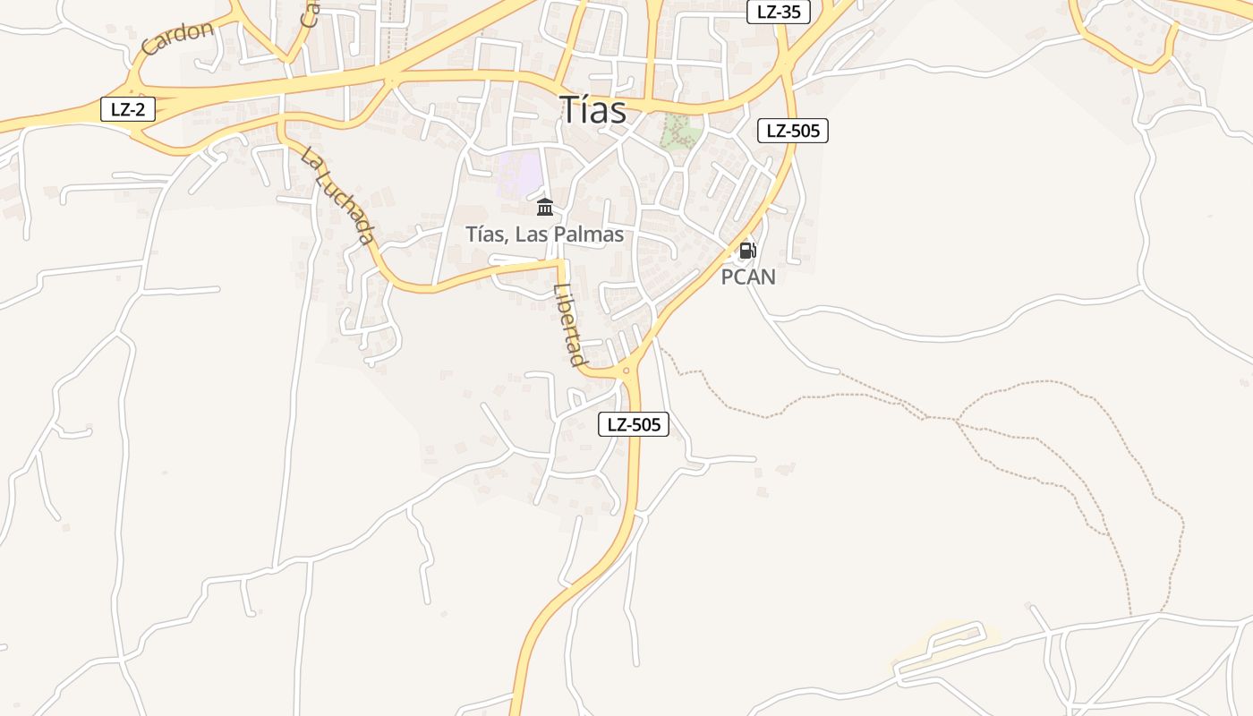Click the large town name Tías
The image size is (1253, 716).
click(593, 109)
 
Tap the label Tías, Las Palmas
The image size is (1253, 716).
click(544, 234)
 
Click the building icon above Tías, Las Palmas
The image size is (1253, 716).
click(544, 208)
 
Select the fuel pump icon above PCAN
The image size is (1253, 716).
click(747, 251)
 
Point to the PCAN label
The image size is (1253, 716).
click(748, 277)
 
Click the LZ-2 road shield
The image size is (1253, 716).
click(128, 110)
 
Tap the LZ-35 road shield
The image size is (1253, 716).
click(778, 12)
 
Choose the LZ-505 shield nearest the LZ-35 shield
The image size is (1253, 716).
click(793, 131)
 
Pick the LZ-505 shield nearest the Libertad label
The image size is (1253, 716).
click(634, 424)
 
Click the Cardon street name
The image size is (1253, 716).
click(177, 38)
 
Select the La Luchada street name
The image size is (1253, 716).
click(337, 196)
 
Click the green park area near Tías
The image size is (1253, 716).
click(680, 132)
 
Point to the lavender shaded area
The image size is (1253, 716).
click(520, 173)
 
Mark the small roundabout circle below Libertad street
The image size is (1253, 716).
click(626, 371)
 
